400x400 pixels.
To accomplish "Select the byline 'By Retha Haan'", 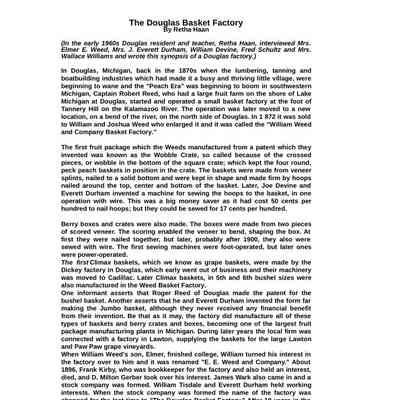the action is pos(200,30).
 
